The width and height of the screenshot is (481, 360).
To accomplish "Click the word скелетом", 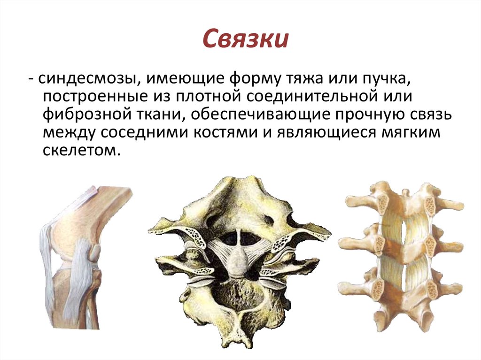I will coord(78,151).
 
